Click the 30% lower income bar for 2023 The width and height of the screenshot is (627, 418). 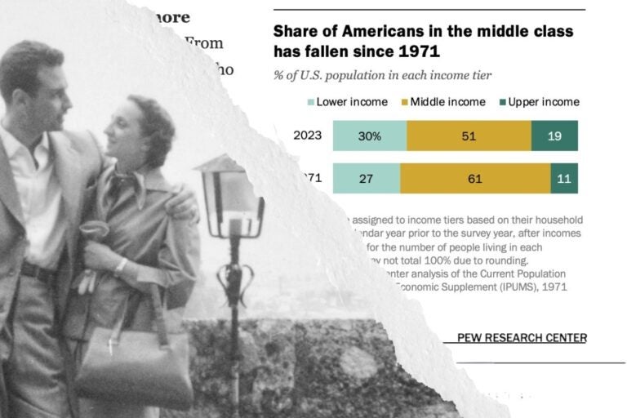pyautogui.click(x=369, y=136)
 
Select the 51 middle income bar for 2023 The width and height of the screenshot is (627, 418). pyautogui.click(x=469, y=136)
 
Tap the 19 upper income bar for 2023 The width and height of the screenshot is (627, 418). pyautogui.click(x=554, y=136)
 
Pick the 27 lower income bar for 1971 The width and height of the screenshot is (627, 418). pyautogui.click(x=367, y=178)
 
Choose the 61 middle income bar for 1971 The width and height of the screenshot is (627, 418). pyautogui.click(x=475, y=178)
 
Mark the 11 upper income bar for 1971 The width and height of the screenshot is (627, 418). pyautogui.click(x=564, y=178)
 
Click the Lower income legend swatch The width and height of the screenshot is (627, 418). pyautogui.click(x=311, y=102)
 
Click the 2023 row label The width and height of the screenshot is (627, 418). pyautogui.click(x=307, y=136)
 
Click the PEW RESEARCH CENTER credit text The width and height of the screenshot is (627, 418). pyautogui.click(x=522, y=338)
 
